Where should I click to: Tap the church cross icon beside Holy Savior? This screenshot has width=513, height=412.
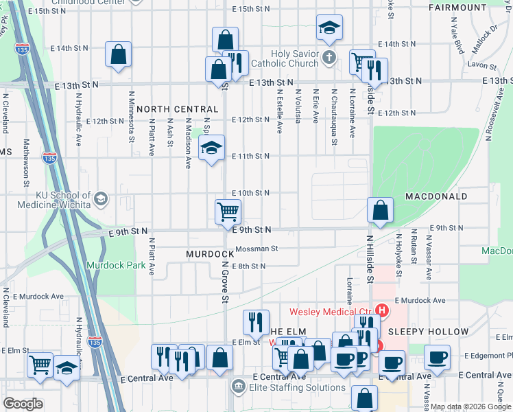click(x=329, y=57)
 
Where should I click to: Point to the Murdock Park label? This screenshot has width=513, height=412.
click(x=111, y=265)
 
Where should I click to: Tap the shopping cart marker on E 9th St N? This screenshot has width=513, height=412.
click(x=228, y=212)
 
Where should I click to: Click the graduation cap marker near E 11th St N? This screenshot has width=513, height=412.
click(x=211, y=148)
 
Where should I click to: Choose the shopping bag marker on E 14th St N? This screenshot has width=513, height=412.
click(x=118, y=55)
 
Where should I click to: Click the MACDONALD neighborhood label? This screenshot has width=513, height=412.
click(x=436, y=196)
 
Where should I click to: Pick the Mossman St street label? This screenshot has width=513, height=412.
click(x=256, y=249)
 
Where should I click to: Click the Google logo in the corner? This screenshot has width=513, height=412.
click(x=23, y=404)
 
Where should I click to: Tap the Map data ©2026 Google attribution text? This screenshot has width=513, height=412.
click(x=470, y=407)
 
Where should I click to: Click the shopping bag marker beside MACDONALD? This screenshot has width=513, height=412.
click(x=380, y=211)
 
